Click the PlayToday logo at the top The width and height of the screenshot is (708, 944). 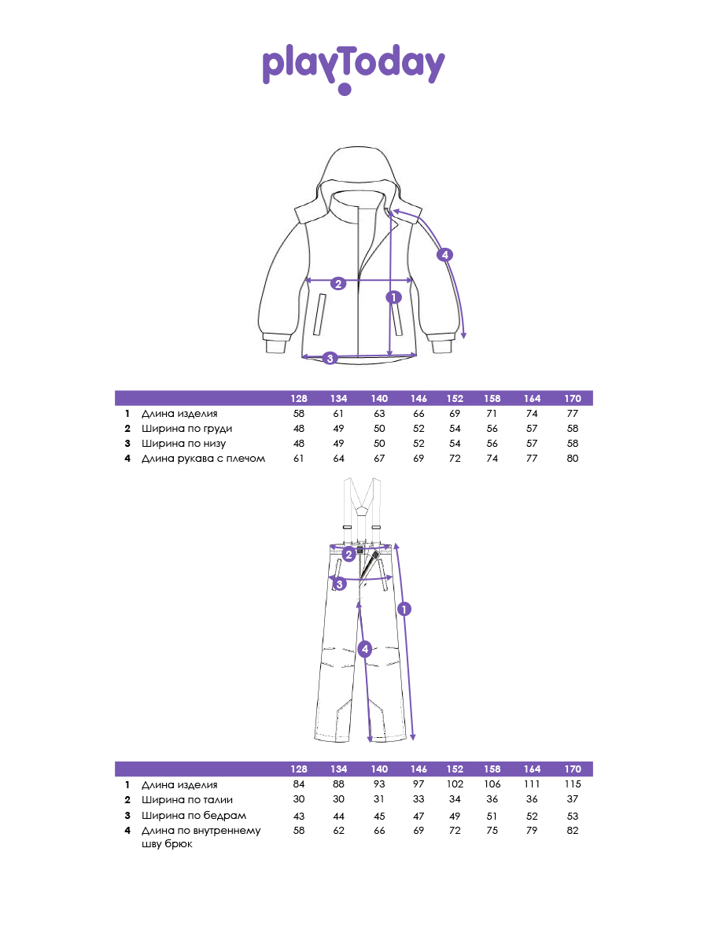point(353,69)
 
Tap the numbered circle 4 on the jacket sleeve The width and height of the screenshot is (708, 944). point(445,255)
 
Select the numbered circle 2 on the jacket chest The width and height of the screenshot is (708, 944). point(338,283)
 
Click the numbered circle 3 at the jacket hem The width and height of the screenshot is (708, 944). point(330,358)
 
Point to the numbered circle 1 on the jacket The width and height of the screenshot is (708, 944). point(394,297)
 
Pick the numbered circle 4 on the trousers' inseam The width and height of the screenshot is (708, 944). point(365,649)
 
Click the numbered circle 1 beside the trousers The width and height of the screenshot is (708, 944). point(404,609)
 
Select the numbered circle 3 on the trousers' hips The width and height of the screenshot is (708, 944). point(340,584)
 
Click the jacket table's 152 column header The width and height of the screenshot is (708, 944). point(455,399)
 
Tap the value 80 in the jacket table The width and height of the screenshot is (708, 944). point(572,459)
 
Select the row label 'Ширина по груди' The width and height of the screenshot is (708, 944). point(186,429)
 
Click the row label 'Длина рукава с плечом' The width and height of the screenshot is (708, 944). point(203,459)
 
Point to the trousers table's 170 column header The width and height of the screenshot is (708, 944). point(573,769)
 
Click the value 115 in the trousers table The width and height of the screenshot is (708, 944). point(573,784)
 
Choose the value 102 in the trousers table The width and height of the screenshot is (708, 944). point(455,784)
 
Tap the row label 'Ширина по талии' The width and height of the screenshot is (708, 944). point(187,800)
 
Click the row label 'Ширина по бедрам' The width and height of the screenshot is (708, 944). point(194,816)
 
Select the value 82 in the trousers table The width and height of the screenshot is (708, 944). point(572,831)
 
